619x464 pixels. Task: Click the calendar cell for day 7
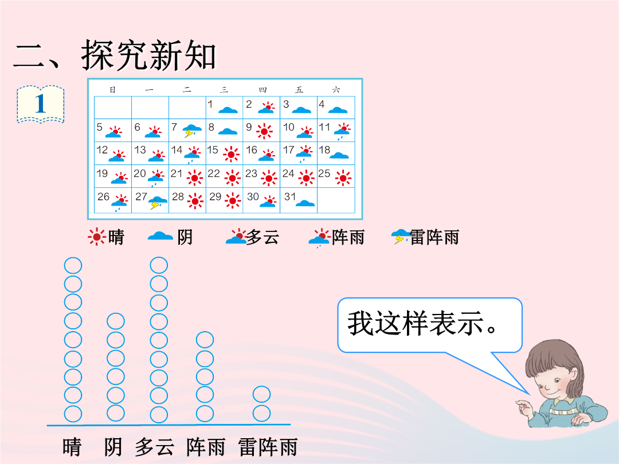point(187,130)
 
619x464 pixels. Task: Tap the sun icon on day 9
point(264,131)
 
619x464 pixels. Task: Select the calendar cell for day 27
point(150,201)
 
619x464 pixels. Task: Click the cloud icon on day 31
point(305,203)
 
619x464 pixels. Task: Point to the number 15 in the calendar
point(213,150)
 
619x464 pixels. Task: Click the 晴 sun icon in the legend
point(97,237)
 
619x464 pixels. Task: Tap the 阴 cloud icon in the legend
point(160,236)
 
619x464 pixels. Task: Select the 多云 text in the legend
point(263,237)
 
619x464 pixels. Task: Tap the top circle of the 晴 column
point(73,266)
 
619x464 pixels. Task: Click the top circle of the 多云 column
point(159,265)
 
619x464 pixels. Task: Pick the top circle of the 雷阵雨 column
point(261,394)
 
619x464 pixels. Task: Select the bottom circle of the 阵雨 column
point(205,414)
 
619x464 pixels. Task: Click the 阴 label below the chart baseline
point(113,447)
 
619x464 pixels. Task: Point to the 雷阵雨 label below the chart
point(268,447)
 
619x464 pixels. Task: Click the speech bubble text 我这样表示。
point(422,323)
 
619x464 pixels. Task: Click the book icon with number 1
point(40,104)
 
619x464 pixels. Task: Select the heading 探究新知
point(149,55)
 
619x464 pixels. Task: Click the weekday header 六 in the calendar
point(336,90)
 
